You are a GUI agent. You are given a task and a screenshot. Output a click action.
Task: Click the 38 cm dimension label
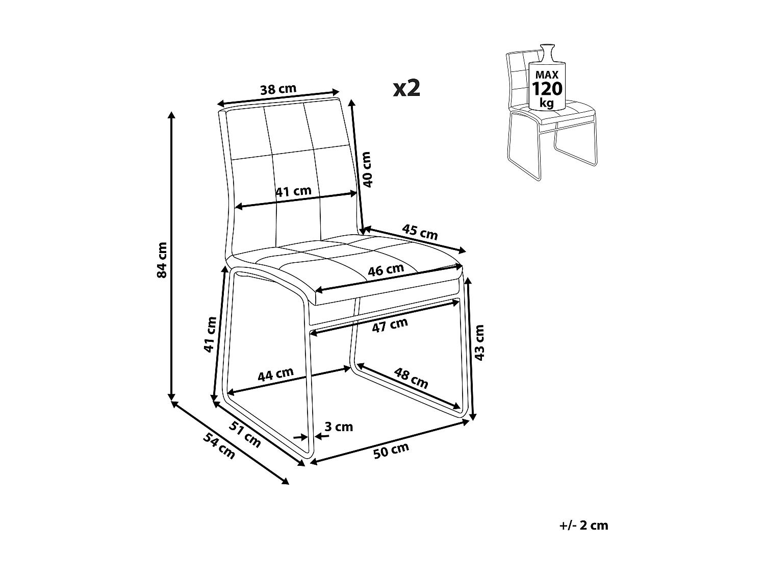278,89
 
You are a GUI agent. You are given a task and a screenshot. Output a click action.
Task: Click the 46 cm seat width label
386,270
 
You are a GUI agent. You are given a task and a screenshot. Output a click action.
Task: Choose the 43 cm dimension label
479,342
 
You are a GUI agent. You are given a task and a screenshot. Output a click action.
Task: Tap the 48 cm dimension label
411,377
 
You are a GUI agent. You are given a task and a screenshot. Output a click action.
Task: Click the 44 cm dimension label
275,375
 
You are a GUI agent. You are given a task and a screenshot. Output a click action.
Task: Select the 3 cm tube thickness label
339,427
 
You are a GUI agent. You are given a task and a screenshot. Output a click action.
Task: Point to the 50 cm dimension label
391,451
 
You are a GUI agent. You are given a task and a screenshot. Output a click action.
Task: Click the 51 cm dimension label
245,435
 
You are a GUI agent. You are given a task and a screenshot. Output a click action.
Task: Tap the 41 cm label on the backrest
293,191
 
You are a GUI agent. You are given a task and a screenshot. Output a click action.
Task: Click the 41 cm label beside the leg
210,334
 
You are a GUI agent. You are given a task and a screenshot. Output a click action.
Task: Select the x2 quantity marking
406,88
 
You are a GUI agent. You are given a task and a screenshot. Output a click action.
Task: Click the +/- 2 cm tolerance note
583,526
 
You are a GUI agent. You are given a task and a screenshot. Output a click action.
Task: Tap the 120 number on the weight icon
547,89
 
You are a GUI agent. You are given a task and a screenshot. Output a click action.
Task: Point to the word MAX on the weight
546,74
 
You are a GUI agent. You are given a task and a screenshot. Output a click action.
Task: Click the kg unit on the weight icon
547,103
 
